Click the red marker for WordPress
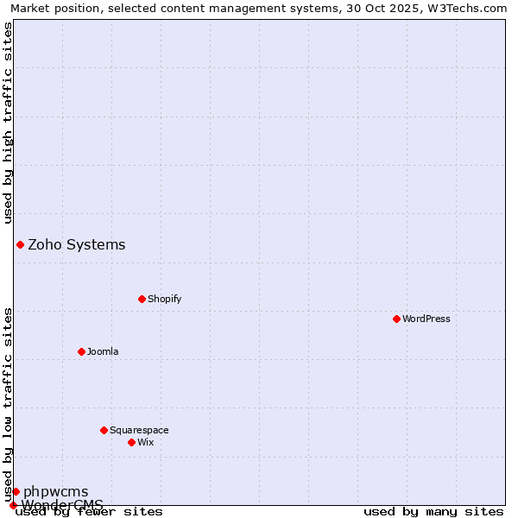click(396, 319)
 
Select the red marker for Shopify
click(142, 299)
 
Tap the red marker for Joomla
click(81, 351)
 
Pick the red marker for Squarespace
click(104, 430)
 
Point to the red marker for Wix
click(131, 442)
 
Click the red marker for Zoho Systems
click(20, 244)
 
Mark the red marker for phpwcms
click(16, 491)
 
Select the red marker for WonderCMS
click(13, 505)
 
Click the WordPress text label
click(426, 319)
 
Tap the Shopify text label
click(165, 299)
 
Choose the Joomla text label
click(103, 351)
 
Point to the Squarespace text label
click(139, 430)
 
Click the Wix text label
click(146, 442)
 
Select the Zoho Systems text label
click(77, 244)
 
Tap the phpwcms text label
click(55, 491)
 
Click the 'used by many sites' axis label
click(433, 511)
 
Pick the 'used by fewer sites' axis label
click(89, 511)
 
